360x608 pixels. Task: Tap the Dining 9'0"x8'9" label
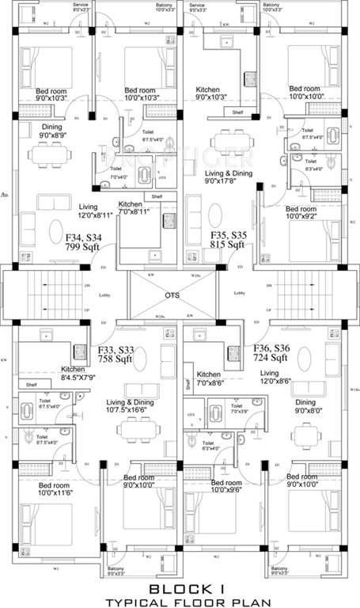pyautogui.click(x=52, y=131)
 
